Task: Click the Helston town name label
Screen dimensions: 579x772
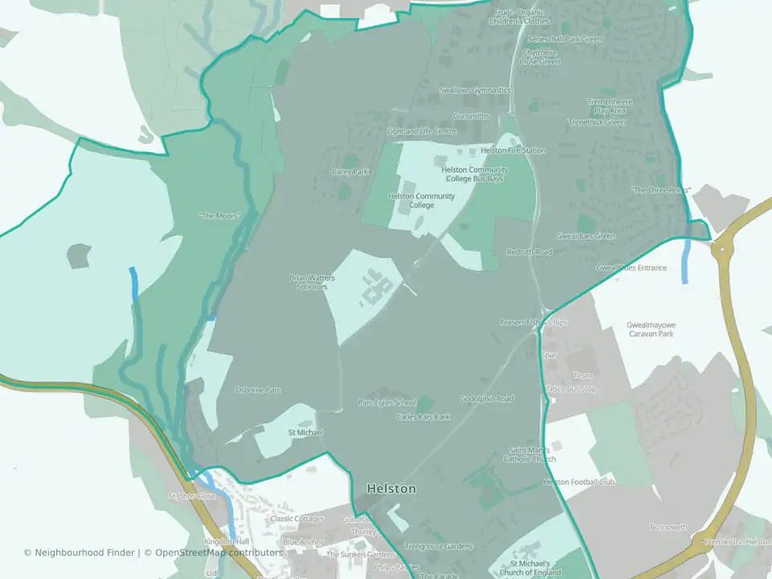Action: tap(392, 488)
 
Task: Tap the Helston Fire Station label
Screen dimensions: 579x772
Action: tap(513, 150)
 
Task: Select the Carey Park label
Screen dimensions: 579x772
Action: tap(350, 171)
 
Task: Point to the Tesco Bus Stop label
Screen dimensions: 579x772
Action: tap(572, 389)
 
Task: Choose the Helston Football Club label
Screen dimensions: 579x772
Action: tap(579, 482)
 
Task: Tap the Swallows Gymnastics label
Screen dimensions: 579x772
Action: tap(475, 90)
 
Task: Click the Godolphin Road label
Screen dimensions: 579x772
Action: tap(487, 399)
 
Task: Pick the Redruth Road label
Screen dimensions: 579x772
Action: tap(529, 252)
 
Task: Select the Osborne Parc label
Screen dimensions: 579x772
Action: tap(258, 390)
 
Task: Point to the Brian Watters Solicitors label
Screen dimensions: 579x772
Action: tap(312, 282)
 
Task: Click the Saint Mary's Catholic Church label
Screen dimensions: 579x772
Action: tap(532, 454)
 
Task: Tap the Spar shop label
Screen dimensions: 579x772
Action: tap(550, 355)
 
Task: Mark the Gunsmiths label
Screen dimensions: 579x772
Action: tap(471, 116)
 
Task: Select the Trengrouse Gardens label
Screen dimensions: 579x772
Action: tap(439, 547)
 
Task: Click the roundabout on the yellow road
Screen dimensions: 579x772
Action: tap(722, 248)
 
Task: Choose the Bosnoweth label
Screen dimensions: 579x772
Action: tap(669, 528)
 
